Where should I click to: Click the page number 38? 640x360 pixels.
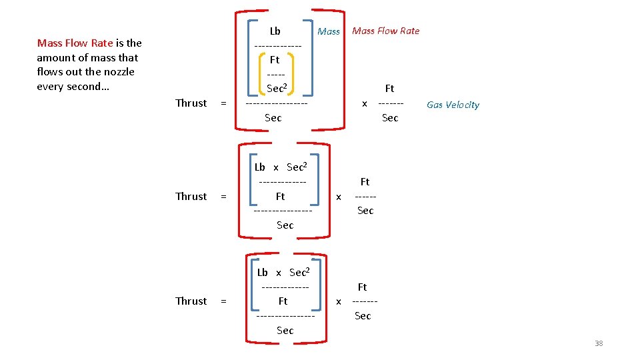point(598,343)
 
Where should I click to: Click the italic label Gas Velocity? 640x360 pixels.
point(453,105)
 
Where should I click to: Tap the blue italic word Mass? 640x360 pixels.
point(329,31)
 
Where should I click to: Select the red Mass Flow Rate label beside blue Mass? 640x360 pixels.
point(385,31)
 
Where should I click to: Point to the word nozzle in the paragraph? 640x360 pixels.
point(117,72)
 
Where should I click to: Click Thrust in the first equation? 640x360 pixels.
point(191,103)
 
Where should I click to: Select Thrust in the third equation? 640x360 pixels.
point(191,301)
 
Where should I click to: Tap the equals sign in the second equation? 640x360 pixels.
point(223,196)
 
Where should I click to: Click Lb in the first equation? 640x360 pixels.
point(275,31)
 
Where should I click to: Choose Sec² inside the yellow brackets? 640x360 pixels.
point(276,88)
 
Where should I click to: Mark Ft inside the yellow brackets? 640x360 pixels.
point(275,59)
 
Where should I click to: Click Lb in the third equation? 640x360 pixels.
point(262,273)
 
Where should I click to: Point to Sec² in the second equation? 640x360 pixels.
point(297,167)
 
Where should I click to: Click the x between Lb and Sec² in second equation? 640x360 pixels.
point(276,168)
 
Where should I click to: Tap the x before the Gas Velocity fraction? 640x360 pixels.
point(364,103)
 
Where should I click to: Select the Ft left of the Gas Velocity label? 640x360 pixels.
point(390,88)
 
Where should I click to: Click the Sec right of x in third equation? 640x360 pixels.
point(363,316)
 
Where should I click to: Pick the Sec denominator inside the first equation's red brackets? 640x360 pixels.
point(273,118)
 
